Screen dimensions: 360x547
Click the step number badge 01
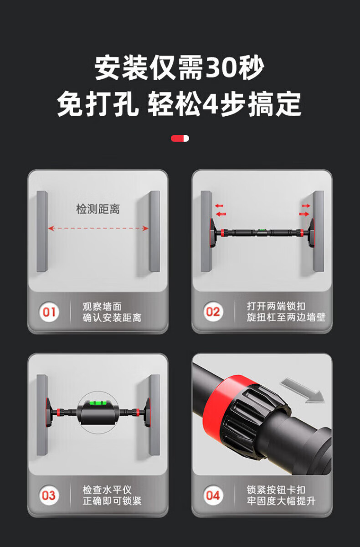click(x=49, y=312)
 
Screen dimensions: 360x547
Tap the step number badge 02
click(x=213, y=311)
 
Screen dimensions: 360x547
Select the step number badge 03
click(x=49, y=495)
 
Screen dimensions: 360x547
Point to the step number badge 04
click(x=213, y=495)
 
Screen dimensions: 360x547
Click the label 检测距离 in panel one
click(x=98, y=209)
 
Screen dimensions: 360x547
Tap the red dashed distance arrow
click(x=98, y=228)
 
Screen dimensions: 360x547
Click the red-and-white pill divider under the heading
click(x=180, y=139)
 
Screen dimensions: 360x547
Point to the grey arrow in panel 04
click(x=302, y=390)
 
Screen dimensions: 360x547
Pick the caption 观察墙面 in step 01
click(x=102, y=307)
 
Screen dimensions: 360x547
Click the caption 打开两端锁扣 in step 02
click(x=276, y=306)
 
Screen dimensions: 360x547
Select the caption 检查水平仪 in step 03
click(x=107, y=490)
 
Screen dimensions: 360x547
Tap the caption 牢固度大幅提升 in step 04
click(x=281, y=501)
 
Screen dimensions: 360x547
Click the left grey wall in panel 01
click(x=42, y=231)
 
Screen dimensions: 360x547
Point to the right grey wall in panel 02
click(x=319, y=231)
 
